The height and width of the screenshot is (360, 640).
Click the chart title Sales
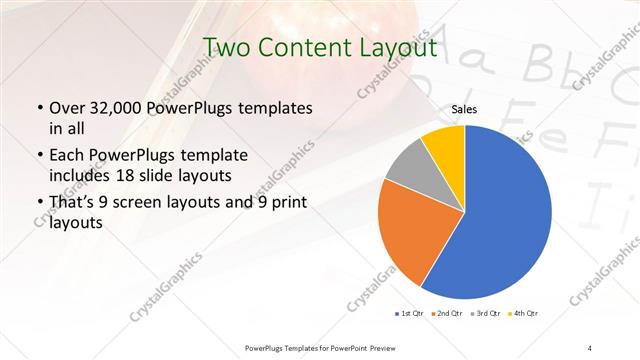465,109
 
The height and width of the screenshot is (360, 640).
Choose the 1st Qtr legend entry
411,314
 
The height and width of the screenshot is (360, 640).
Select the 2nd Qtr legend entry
447,314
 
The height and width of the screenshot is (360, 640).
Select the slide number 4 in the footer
590,347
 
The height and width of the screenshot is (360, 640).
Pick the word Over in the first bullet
66,108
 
